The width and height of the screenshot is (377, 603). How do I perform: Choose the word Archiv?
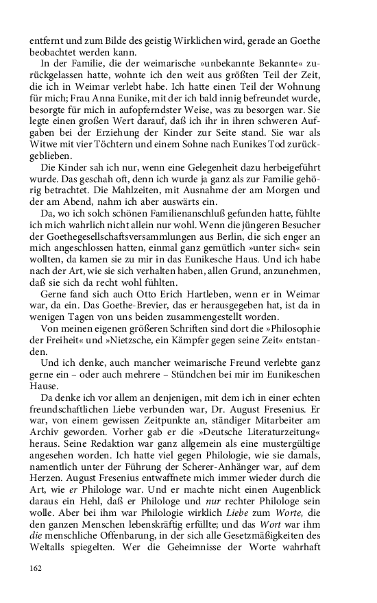[x=45, y=436]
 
